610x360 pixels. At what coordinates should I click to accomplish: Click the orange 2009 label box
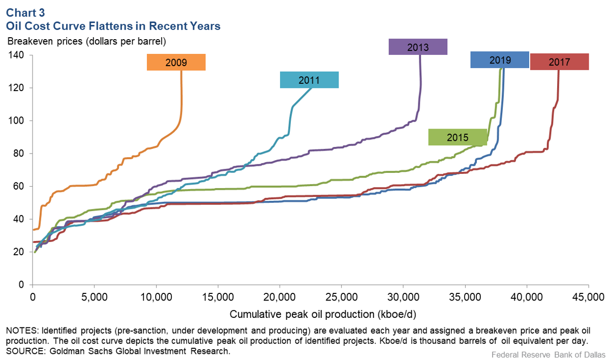coord(176,63)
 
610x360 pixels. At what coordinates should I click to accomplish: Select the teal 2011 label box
coord(309,80)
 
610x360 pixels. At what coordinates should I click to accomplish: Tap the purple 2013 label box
coord(418,47)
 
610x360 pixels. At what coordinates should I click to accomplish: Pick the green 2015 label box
coord(457,137)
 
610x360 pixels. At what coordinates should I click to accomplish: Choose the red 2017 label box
coord(559,62)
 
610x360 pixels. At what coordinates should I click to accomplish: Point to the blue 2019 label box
coord(500,60)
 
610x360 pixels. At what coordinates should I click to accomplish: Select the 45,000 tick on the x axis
coord(588,295)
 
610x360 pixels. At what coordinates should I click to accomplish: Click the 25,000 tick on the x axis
coord(341,295)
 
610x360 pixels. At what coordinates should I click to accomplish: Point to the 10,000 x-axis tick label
coord(156,295)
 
